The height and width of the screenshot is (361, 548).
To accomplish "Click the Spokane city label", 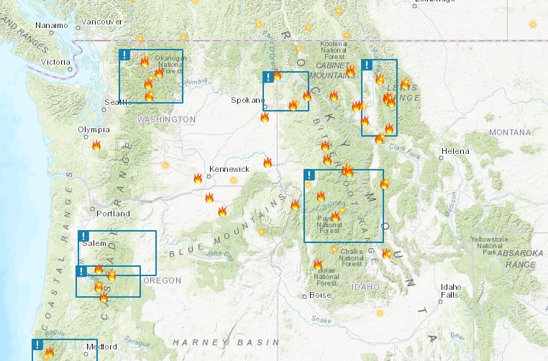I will [248, 100].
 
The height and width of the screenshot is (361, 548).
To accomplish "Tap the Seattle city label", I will [119, 102].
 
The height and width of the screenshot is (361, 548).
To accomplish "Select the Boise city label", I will [319, 295].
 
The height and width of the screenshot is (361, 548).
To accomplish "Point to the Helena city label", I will [455, 151].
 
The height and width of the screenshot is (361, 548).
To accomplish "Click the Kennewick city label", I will [229, 169].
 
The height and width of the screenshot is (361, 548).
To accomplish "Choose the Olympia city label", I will [94, 129].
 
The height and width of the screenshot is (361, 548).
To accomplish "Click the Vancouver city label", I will [102, 22].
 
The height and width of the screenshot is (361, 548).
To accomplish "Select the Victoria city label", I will [56, 62].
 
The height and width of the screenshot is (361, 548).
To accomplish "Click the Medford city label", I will [101, 347].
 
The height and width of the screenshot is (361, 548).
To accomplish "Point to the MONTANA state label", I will [509, 132].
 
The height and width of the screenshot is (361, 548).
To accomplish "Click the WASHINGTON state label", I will [166, 119].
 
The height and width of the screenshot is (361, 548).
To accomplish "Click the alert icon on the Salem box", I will [83, 236].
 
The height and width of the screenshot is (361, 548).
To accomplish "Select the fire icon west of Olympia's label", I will [96, 145].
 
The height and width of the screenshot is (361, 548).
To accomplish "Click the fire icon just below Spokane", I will [265, 116].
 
